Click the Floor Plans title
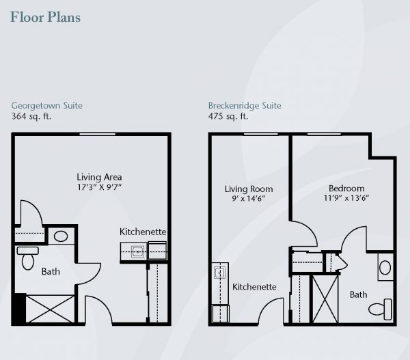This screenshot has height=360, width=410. pos(46,17)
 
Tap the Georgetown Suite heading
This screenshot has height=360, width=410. pos(46,106)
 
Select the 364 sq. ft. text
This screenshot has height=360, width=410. pos(31,116)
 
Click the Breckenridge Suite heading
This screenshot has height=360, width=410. pos(245,106)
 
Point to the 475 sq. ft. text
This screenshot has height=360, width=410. pos(228,116)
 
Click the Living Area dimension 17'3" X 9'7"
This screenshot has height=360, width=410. pos(99,187)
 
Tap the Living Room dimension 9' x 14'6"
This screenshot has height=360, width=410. pos(249,198)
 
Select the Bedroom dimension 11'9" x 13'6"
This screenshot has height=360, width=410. pos(346,198)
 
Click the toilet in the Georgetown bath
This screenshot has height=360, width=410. pos(28,258)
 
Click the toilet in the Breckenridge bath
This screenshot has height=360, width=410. pos(381,309)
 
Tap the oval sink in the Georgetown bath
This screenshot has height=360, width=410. pos(61,236)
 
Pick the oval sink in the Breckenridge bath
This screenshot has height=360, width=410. pos(385,268)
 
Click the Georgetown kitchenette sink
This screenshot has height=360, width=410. pos(137,252)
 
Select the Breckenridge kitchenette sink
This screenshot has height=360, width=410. pos(219,273)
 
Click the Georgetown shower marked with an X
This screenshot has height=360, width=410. pos(50,309)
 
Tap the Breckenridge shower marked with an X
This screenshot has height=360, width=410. pos(325,299)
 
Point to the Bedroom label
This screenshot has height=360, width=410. pos(346,189)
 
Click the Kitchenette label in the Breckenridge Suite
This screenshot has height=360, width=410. pos(254,287)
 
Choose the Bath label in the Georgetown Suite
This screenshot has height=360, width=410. pos(51,272)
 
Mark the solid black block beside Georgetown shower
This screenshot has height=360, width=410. pos(20,309)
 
